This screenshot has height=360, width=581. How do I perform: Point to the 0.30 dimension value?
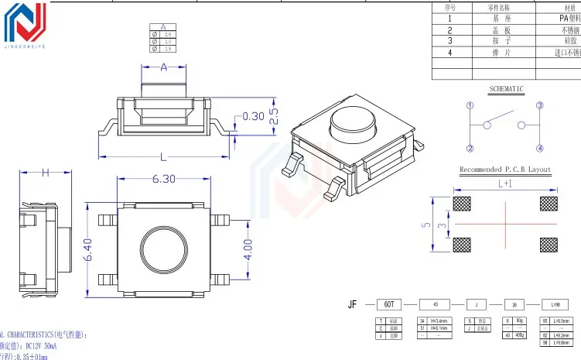(254, 116)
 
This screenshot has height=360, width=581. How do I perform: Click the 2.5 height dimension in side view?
(273, 116)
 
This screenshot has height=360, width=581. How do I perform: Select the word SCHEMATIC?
(506, 89)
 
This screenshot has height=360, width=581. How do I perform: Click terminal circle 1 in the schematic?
(470, 105)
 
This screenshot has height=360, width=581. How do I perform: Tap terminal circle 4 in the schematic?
(540, 148)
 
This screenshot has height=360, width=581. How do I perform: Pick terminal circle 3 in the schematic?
(540, 105)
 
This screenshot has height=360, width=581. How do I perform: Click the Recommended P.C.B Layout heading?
(505, 170)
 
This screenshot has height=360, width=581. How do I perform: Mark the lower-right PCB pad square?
(548, 245)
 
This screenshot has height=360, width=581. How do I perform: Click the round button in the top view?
(162, 250)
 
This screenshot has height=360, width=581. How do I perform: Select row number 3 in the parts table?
(449, 40)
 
